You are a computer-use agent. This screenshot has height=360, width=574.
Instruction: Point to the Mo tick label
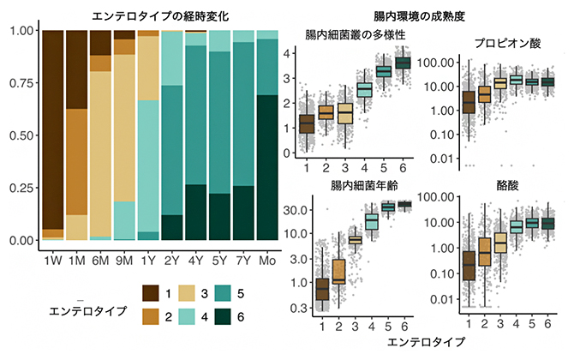[267, 257]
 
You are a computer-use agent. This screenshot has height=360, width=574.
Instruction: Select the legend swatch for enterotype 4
[187, 316]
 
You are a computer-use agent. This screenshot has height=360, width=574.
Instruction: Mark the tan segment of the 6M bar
[101, 154]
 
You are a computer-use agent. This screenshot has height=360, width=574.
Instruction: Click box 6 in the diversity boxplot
[402, 63]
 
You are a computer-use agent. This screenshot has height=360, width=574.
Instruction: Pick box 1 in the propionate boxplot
[468, 102]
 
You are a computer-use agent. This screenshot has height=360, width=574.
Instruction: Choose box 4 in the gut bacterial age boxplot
[371, 221]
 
